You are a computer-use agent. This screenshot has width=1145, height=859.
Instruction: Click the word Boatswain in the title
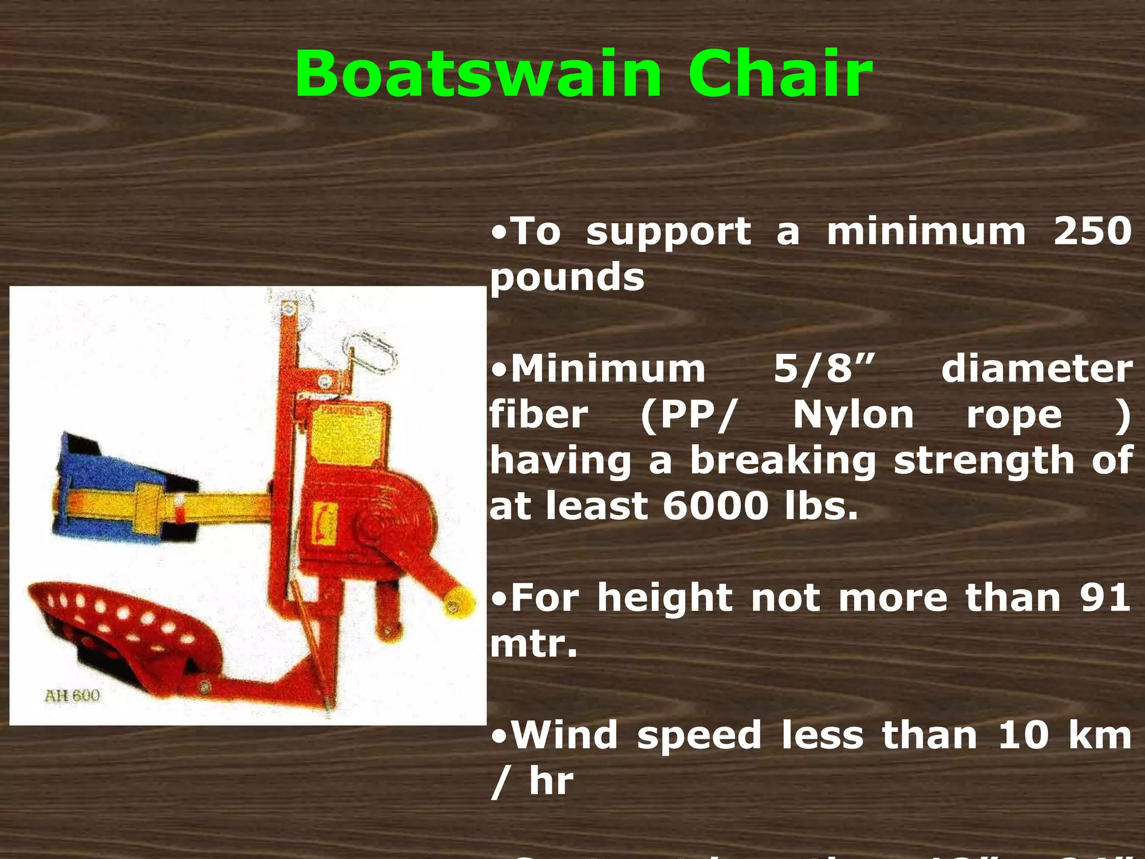pos(479,74)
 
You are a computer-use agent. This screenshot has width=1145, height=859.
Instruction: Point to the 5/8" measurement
pos(824,369)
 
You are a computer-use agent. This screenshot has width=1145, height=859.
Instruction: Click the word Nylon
pos(853,415)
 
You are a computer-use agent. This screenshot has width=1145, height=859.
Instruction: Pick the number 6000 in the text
pos(716,506)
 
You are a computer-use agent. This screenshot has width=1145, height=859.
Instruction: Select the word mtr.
pos(533,644)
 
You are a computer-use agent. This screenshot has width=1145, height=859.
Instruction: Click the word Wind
pos(564,735)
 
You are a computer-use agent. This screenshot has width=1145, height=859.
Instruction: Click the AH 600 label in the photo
pos(72,696)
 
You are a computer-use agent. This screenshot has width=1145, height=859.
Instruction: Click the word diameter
pos(1037,369)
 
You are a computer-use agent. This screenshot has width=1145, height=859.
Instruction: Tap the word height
pos(665,598)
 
